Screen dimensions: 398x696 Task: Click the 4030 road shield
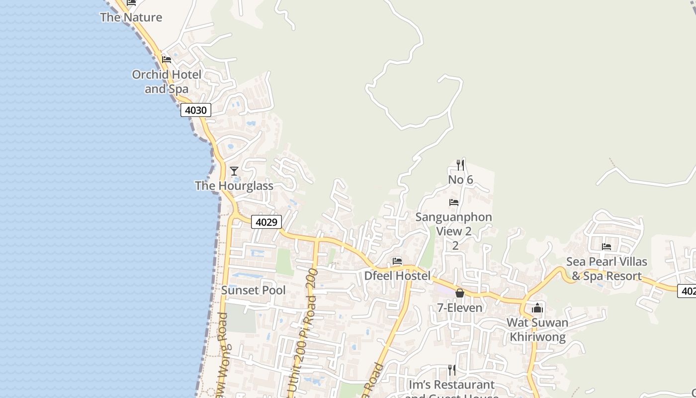point(195,110)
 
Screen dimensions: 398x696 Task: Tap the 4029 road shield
point(266,222)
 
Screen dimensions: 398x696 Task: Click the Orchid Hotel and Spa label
point(167,82)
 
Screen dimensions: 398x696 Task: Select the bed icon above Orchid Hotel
point(167,60)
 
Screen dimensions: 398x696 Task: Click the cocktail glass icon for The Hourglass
point(234,171)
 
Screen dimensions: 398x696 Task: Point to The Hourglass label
point(234,186)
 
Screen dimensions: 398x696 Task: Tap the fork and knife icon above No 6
point(460,165)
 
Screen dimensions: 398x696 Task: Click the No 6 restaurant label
point(460,180)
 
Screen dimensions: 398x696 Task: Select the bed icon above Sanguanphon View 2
point(454,202)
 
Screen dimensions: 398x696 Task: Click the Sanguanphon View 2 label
point(454,224)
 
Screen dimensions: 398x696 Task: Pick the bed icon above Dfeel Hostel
point(397,261)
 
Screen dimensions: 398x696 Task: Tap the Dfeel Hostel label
point(397,276)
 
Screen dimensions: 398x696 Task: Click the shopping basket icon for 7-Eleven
point(460,293)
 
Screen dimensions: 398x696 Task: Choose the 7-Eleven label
point(460,308)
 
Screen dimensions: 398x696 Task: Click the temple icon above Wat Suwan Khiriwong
point(537,308)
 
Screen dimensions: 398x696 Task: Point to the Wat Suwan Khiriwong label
point(537,330)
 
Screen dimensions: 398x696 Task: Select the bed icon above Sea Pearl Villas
point(607,247)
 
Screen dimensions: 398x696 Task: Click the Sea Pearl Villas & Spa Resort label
point(607,269)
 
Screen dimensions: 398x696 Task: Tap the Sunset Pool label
point(254,291)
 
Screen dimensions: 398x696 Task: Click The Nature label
point(131,17)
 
